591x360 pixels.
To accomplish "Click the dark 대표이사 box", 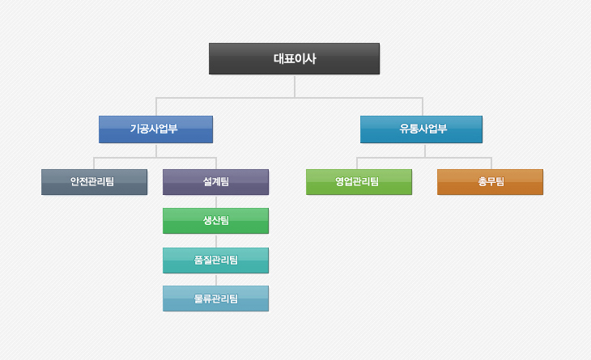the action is click(x=294, y=58).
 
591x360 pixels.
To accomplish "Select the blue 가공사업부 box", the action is click(x=155, y=129).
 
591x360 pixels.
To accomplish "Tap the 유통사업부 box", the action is click(x=421, y=129).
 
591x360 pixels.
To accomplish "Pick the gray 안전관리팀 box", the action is click(x=94, y=182).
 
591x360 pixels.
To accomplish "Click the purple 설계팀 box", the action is click(x=215, y=182).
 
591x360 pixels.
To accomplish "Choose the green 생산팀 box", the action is click(x=215, y=221).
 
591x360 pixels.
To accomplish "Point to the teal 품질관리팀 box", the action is click(x=215, y=260).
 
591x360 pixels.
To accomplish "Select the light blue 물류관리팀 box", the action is click(x=215, y=299).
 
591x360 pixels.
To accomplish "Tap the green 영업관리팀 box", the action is click(x=359, y=182).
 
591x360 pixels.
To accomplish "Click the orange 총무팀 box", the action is click(x=490, y=182).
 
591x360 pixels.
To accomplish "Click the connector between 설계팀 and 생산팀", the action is click(x=216, y=201).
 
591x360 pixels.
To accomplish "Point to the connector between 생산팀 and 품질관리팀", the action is click(x=216, y=240).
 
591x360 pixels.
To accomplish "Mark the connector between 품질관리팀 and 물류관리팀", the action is click(x=216, y=279).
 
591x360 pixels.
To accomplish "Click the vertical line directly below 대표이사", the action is click(x=295, y=86).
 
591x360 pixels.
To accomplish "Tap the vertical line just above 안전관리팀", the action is click(x=94, y=163).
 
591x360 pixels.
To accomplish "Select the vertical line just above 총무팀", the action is click(x=491, y=163).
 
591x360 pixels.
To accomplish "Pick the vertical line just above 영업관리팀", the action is click(x=357, y=163).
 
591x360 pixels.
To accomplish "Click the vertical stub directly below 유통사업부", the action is click(x=425, y=150).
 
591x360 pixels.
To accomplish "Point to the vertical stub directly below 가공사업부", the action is click(x=156, y=150).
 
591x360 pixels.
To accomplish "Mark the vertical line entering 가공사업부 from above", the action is click(x=156, y=107).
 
